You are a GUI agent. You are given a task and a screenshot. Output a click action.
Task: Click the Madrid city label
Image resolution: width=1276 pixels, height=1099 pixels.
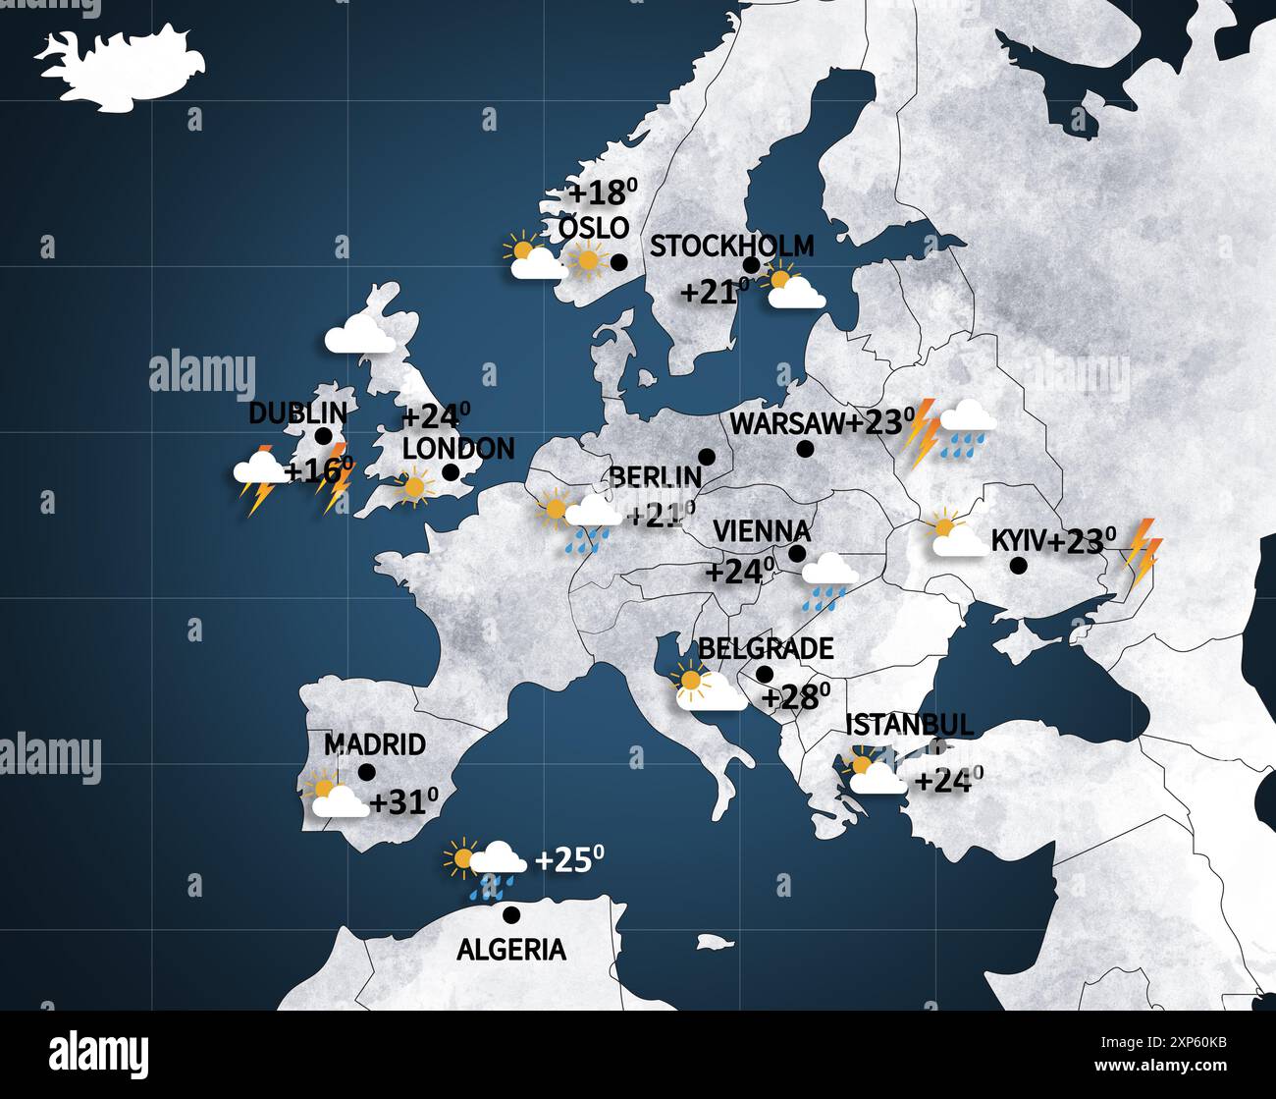[x=374, y=744]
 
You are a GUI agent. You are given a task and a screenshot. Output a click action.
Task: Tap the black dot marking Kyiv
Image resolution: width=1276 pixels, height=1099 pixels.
[x=1019, y=566]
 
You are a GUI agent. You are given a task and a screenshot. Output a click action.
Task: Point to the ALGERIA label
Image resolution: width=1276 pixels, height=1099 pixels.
[x=511, y=950]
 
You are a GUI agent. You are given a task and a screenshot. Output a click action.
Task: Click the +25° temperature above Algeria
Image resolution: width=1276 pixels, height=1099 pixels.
[x=568, y=860]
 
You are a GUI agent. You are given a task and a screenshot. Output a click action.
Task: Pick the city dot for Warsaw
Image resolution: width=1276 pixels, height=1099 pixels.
[x=805, y=449]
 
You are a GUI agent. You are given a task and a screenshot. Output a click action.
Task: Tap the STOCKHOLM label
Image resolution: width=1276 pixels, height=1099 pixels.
[x=731, y=246]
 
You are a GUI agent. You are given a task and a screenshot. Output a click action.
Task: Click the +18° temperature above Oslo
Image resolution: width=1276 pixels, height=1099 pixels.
[x=605, y=192]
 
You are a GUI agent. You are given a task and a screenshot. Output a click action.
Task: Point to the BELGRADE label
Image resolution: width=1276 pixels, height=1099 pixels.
[x=766, y=648]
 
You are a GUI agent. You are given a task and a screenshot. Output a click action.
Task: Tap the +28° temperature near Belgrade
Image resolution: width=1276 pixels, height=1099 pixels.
[x=796, y=696]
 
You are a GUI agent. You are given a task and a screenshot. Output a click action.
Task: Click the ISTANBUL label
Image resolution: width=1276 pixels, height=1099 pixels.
[x=909, y=725]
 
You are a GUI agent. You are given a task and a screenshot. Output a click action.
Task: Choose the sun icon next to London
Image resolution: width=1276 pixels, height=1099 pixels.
[x=414, y=486]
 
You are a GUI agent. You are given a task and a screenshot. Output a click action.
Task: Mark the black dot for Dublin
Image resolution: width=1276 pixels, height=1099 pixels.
[x=323, y=436]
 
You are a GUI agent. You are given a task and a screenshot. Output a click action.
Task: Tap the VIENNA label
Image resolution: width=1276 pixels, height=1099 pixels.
[x=762, y=531]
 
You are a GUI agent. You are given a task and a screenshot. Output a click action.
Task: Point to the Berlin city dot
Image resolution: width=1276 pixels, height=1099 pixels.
[x=705, y=456]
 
